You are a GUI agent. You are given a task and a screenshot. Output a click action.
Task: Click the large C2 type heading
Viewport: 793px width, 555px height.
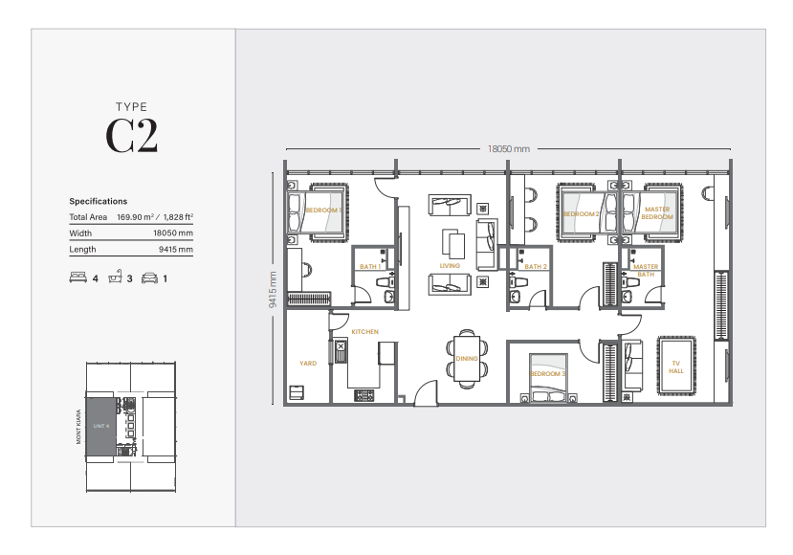pos(131,136)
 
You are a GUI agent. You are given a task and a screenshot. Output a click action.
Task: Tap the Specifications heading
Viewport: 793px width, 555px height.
pos(98,202)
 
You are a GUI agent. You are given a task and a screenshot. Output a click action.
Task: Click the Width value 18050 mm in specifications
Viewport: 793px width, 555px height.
pos(172,233)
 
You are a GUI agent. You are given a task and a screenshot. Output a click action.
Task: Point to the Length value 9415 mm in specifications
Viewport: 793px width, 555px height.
pos(176,250)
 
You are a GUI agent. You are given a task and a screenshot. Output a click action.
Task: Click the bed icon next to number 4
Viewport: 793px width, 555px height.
pos(77,278)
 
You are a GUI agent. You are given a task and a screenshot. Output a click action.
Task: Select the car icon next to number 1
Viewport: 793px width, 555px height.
pos(149,278)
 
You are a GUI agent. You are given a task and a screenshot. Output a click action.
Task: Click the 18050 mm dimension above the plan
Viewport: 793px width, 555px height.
pos(508,149)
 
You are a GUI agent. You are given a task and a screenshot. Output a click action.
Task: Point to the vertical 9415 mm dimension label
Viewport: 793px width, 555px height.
pos(273,288)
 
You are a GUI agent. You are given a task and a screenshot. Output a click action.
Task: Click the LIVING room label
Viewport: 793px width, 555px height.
pos(450,266)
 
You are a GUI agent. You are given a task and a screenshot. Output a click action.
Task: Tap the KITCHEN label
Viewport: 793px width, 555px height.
pos(364,332)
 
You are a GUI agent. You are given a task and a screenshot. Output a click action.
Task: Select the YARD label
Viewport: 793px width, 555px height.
pos(307,364)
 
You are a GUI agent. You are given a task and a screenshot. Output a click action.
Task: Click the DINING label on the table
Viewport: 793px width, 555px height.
pos(466,359)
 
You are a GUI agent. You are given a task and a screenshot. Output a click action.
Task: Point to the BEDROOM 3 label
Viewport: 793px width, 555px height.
pos(548,373)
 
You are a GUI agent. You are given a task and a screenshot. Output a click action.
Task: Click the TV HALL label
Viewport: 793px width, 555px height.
pos(675,366)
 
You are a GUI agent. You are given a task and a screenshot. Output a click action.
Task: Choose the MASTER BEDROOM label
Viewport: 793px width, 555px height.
pos(657,213)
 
